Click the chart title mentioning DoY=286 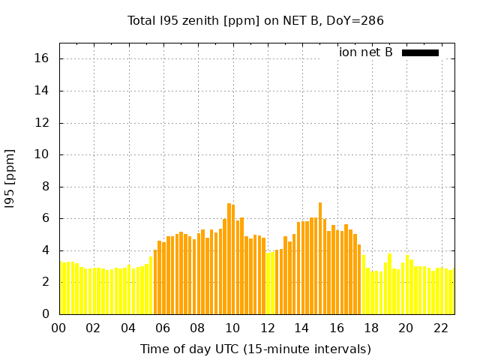pyautogui.click(x=256, y=20)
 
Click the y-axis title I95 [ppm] pyautogui.click(x=10, y=178)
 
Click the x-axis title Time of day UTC pyautogui.click(x=255, y=349)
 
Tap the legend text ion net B pyautogui.click(x=366, y=52)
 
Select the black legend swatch pyautogui.click(x=420, y=52)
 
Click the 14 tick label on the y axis pyautogui.click(x=43, y=91)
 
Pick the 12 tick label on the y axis pyautogui.click(x=43, y=122)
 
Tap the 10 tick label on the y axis pyautogui.click(x=43, y=154)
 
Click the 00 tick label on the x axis pyautogui.click(x=59, y=328)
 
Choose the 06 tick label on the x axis pyautogui.click(x=163, y=328)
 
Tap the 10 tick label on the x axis pyautogui.click(x=232, y=328)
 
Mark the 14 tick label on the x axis pyautogui.click(x=301, y=328)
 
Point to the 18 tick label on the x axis pyautogui.click(x=371, y=328)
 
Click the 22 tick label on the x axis pyautogui.click(x=440, y=328)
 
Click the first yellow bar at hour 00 pyautogui.click(x=61, y=288)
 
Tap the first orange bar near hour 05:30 pyautogui.click(x=155, y=282)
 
